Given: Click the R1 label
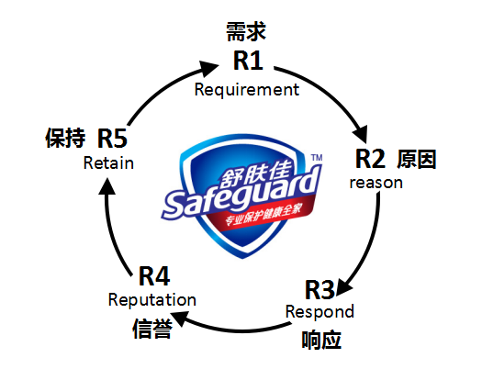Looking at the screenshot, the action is click(x=248, y=61).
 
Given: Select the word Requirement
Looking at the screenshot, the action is click(x=247, y=90).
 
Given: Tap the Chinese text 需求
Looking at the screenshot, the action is click(x=246, y=31).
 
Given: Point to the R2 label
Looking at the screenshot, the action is click(x=370, y=159).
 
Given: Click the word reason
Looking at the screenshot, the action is click(x=376, y=183).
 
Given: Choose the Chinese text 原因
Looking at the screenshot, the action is click(x=417, y=159).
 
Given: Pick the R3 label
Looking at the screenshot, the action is click(x=319, y=290).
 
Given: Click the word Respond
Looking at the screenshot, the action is click(x=319, y=312).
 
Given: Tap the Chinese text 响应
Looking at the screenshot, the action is click(x=321, y=340).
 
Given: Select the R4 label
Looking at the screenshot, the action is click(x=154, y=276).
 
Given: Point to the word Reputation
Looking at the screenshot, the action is click(x=152, y=299).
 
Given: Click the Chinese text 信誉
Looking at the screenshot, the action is click(x=152, y=329).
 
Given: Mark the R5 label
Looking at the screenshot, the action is click(x=112, y=139).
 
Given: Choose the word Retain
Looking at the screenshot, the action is click(x=108, y=162).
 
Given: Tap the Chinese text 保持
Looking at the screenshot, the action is click(x=65, y=138).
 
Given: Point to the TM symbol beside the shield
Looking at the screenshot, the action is click(x=317, y=158).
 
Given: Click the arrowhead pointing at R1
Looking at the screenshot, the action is click(x=208, y=68).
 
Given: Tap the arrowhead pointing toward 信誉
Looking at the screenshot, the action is click(x=180, y=318).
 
